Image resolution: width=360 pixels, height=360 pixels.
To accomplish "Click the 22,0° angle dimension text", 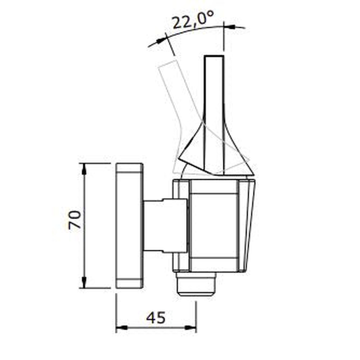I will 192,21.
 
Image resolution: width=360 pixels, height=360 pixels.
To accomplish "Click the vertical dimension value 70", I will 75,220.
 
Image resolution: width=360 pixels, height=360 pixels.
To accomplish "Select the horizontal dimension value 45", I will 156,318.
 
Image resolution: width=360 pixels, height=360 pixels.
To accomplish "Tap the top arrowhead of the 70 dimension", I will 84,167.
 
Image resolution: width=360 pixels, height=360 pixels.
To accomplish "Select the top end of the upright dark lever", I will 214,58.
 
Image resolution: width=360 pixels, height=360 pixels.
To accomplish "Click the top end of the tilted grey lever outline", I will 166,64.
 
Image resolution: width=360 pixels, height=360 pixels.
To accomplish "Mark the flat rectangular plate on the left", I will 130,225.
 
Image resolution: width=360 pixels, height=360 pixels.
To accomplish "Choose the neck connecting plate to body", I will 164,225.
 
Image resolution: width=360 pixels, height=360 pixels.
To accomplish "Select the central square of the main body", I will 214,225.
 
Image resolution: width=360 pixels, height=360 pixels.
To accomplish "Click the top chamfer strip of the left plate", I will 130,167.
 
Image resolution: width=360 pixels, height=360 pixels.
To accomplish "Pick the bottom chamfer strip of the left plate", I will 130,283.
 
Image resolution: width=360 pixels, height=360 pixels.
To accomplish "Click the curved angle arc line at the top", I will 198,31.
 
